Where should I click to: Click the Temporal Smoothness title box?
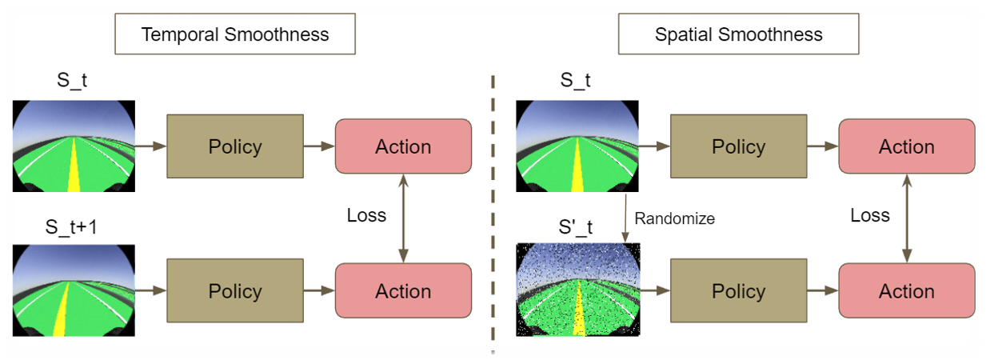[x=235, y=34]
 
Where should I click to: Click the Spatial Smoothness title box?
[x=739, y=34]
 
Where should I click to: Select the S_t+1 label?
[x=71, y=227]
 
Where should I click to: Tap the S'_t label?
[x=575, y=227]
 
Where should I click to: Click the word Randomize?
[x=674, y=218]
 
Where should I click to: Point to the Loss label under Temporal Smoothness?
[x=366, y=215]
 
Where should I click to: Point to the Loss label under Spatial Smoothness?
[x=870, y=215]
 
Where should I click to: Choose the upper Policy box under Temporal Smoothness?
[x=235, y=146]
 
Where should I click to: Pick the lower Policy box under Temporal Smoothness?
[x=235, y=290]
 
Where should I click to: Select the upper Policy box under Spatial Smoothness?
[x=739, y=146]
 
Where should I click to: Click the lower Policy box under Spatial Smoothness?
[x=739, y=290]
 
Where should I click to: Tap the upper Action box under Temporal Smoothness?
[x=403, y=146]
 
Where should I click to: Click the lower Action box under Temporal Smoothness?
[x=403, y=290]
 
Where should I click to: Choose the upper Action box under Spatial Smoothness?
[x=907, y=146]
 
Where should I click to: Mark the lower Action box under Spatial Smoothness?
[x=907, y=290]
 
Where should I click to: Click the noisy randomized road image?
[x=578, y=290]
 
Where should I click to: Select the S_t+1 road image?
[x=74, y=290]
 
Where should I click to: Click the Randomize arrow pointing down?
[x=625, y=218]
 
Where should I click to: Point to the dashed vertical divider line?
[x=493, y=214]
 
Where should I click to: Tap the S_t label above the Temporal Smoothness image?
[x=72, y=80]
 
